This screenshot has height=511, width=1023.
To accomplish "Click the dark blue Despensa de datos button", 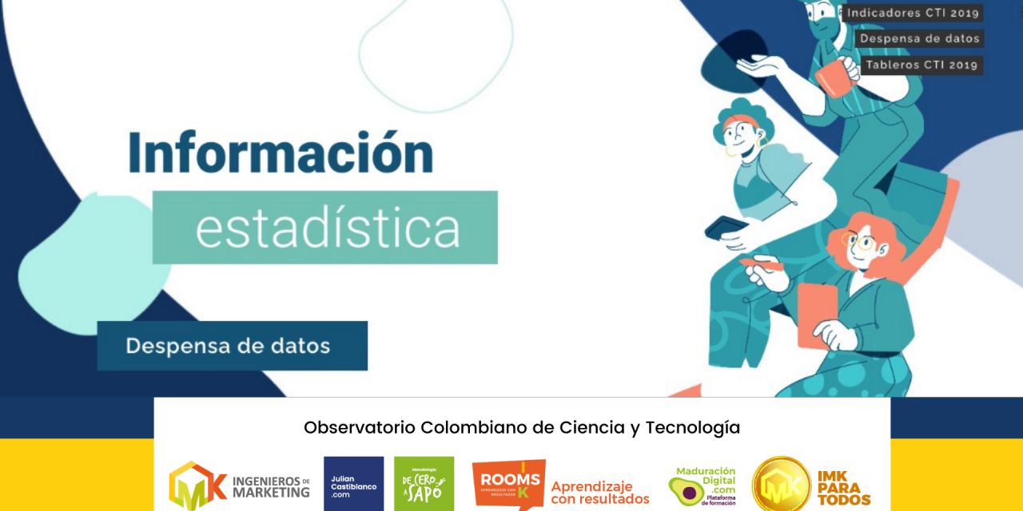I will click(232, 346).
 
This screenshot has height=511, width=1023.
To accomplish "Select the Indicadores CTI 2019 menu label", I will click(913, 13).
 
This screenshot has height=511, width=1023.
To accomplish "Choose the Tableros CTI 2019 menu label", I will click(921, 65).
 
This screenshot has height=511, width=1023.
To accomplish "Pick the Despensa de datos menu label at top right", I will click(919, 38).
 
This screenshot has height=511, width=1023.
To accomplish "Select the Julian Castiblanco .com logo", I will click(353, 483).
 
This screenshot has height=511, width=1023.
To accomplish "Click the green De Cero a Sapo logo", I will click(424, 483).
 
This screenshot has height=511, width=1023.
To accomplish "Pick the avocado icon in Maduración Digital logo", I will click(686, 488).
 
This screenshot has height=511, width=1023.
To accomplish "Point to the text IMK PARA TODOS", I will click(843, 486).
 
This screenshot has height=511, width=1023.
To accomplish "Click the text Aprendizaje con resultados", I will click(599, 493).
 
